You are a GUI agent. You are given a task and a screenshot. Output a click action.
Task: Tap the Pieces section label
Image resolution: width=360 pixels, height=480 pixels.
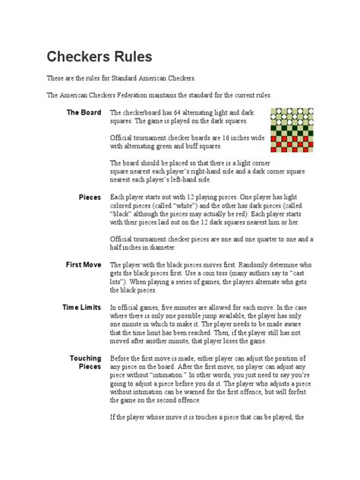(x=90, y=197)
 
